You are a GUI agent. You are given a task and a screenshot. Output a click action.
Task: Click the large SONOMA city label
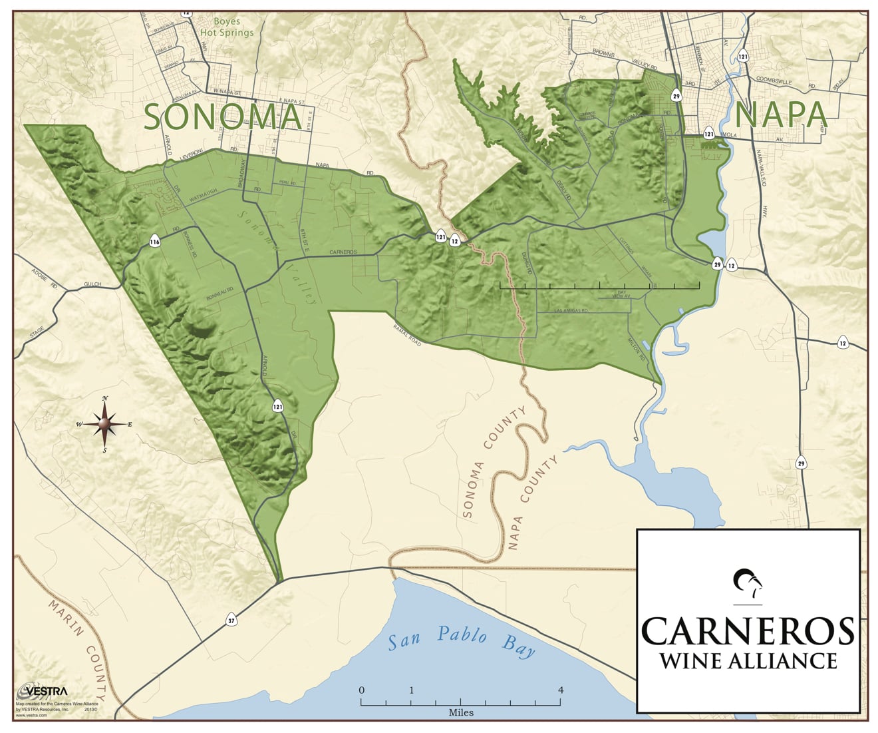pyautogui.click(x=223, y=117)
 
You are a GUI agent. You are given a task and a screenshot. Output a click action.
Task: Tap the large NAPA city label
pyautogui.click(x=781, y=115)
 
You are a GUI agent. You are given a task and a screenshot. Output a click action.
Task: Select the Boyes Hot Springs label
pyautogui.click(x=227, y=27)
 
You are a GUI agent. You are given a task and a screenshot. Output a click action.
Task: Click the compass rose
pyautogui.click(x=104, y=423)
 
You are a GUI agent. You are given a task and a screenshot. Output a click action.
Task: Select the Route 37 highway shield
pyautogui.click(x=231, y=620)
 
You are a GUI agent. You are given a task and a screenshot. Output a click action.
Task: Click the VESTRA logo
pyautogui.click(x=41, y=690)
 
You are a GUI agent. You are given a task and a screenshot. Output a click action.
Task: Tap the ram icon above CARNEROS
pyautogui.click(x=748, y=584)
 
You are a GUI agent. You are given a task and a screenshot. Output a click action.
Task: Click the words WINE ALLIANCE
pyautogui.click(x=747, y=660)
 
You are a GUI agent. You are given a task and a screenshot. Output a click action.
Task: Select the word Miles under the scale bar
pyautogui.click(x=461, y=712)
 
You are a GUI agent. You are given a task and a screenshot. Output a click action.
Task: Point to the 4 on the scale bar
pyautogui.click(x=561, y=690)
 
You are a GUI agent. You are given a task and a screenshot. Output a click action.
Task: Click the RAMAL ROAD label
pyautogui.click(x=407, y=334)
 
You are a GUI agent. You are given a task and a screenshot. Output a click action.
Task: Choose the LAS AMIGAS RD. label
pyautogui.click(x=573, y=310)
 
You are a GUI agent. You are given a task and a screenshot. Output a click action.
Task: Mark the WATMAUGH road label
pyautogui.click(x=204, y=198)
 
